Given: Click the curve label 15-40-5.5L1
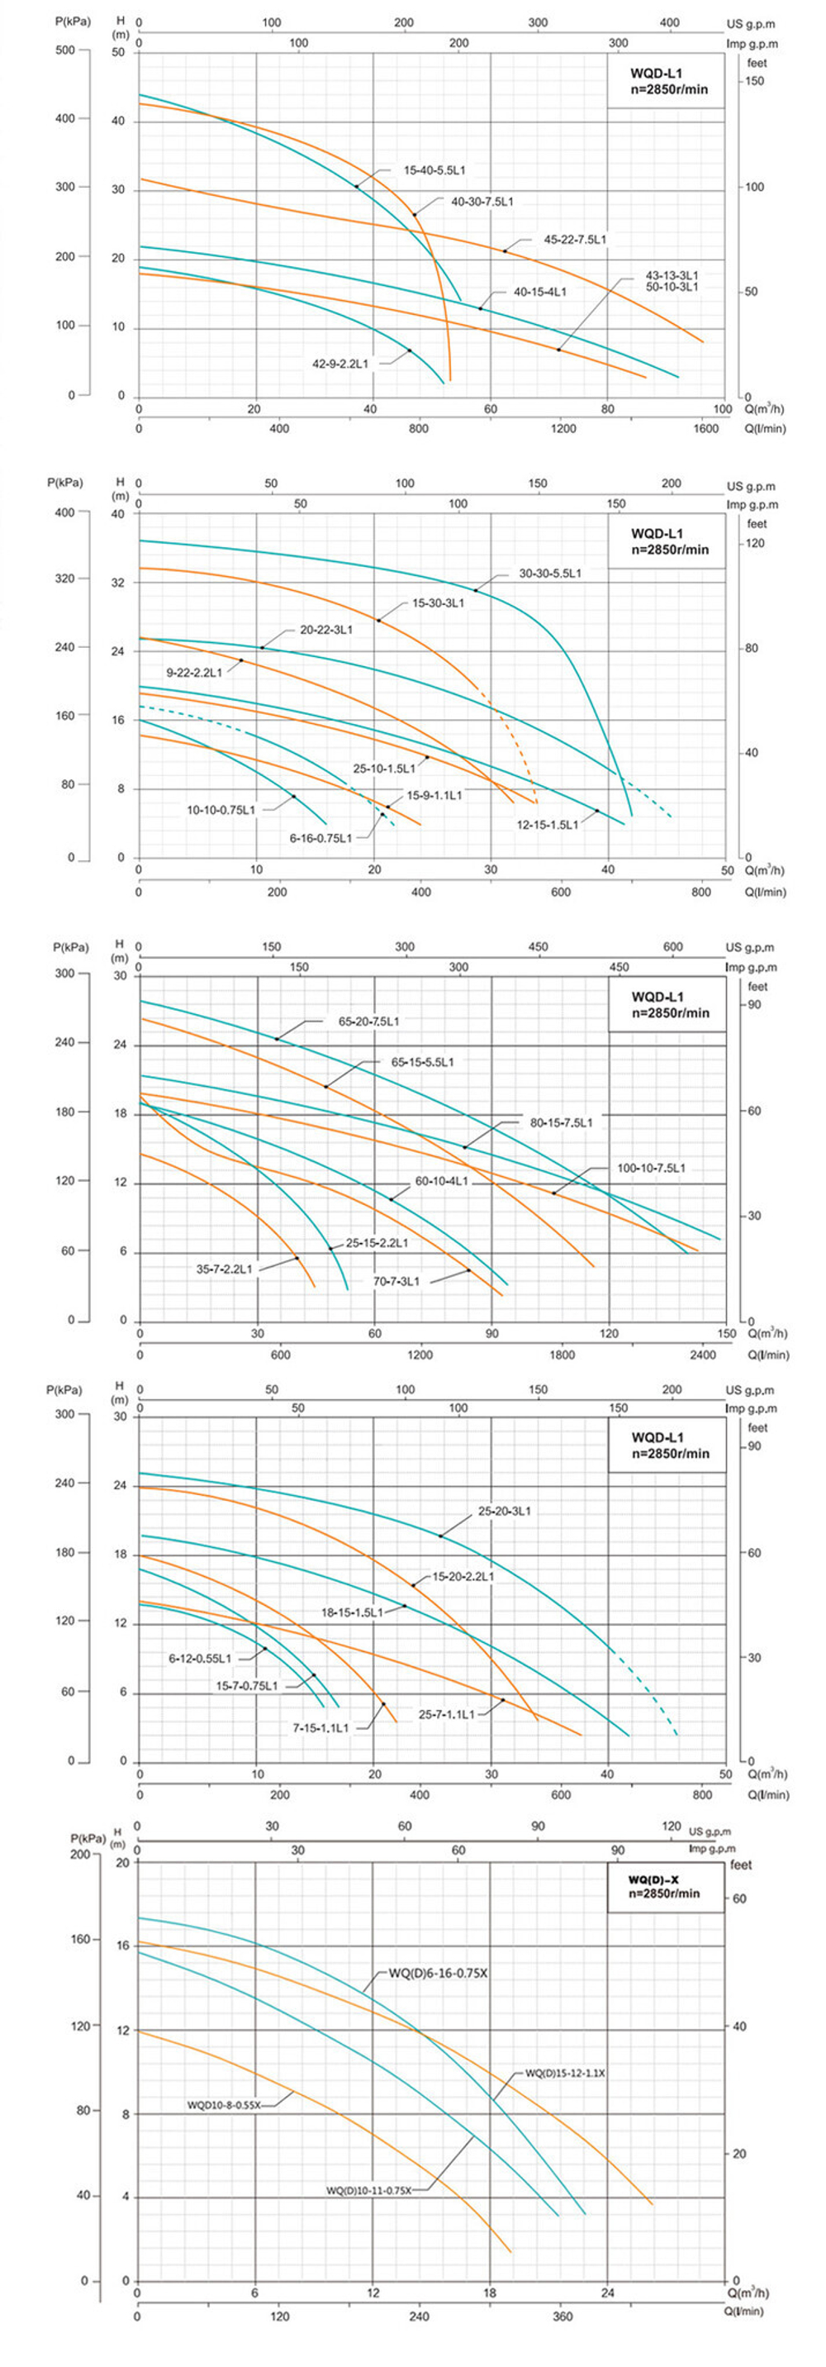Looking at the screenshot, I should point(434,171).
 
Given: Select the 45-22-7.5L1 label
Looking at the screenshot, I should point(575,240).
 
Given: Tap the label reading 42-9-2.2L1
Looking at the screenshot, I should point(340,364).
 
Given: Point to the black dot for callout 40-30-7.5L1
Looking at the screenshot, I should point(415,215).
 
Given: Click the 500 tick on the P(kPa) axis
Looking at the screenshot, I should point(65,50).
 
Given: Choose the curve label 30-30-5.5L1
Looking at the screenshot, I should point(550,574).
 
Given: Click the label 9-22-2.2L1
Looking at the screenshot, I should point(194,673).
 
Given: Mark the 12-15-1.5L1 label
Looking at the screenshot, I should point(548,825).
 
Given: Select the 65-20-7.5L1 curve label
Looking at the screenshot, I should point(368,1021).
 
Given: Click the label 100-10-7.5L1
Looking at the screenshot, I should point(652,1168).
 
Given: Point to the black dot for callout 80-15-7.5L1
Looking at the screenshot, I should point(465,1148).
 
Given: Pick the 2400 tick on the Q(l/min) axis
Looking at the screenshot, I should point(703,1355).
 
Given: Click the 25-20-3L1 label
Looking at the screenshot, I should point(505,1511).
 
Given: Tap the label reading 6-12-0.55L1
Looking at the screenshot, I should point(200,1659).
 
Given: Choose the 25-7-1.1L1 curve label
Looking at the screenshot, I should point(447,1715).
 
